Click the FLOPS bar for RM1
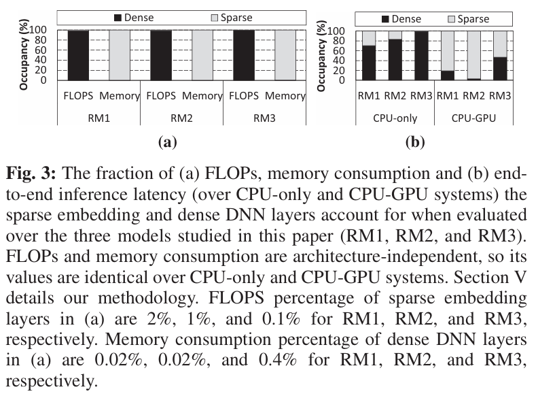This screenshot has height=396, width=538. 79,55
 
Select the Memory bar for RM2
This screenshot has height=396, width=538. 202,55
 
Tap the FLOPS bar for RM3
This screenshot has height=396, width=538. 243,55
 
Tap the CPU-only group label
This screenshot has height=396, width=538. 396,118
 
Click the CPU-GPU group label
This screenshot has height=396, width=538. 473,118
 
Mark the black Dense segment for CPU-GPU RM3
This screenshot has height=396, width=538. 499,69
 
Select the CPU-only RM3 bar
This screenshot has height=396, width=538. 422,55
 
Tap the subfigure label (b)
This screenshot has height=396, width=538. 414,142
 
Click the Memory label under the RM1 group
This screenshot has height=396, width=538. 120,96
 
